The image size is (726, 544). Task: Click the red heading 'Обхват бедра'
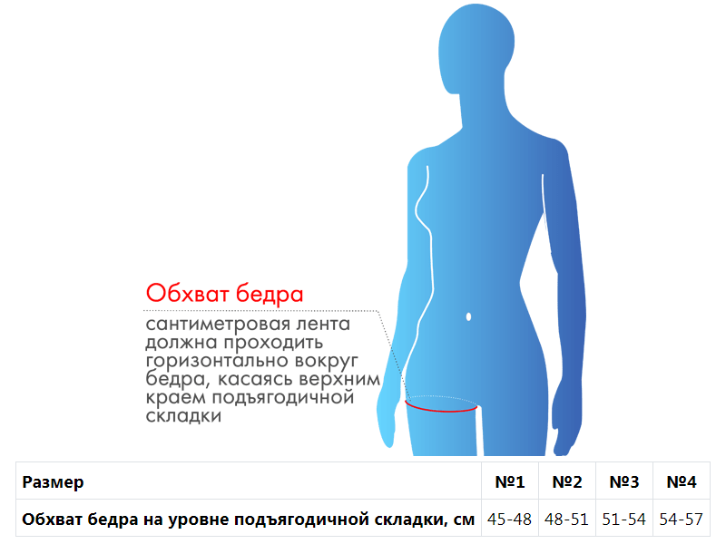[224, 294]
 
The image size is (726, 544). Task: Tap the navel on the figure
[468, 316]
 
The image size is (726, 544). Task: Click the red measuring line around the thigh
[441, 409]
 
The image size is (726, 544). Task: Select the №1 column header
[510, 481]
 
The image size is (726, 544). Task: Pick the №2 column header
[566, 481]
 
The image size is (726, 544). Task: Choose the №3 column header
[624, 481]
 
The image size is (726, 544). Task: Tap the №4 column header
[682, 481]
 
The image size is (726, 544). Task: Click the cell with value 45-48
[509, 519]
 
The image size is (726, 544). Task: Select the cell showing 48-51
[566, 519]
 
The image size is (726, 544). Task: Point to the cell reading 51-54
[624, 519]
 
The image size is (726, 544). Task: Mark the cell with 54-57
[682, 519]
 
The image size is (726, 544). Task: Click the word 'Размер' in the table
[53, 482]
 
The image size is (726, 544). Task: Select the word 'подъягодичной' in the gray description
[283, 397]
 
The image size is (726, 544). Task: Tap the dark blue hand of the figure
[566, 425]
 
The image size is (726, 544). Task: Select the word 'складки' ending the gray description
[183, 416]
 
